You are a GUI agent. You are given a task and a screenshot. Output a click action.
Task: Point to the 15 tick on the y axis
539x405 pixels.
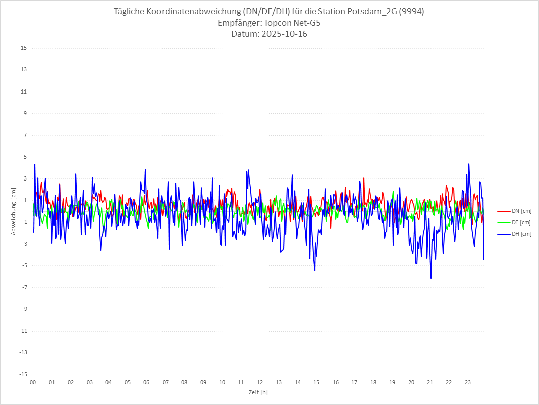[24, 48]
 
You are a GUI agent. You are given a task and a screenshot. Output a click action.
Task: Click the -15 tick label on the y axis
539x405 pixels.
[23, 374]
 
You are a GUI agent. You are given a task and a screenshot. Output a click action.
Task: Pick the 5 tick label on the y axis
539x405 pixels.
[25, 157]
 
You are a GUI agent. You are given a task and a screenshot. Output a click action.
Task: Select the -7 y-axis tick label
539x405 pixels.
[24, 287]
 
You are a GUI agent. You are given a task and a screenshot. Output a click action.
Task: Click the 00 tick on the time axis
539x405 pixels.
[33, 383]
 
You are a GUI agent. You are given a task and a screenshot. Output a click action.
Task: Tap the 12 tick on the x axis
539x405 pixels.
[260, 383]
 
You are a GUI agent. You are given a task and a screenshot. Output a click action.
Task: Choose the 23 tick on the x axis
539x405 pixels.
[468, 383]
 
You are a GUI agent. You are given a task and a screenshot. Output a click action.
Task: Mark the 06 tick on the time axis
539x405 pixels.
[146, 383]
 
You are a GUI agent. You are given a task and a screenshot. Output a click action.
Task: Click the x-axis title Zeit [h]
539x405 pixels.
[258, 392]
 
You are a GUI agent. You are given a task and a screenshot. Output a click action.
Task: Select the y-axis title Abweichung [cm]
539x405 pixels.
[14, 211]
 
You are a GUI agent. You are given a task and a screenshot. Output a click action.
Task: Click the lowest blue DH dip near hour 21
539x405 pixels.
[431, 278]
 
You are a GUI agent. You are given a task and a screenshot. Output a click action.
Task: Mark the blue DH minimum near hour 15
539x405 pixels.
[315, 271]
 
